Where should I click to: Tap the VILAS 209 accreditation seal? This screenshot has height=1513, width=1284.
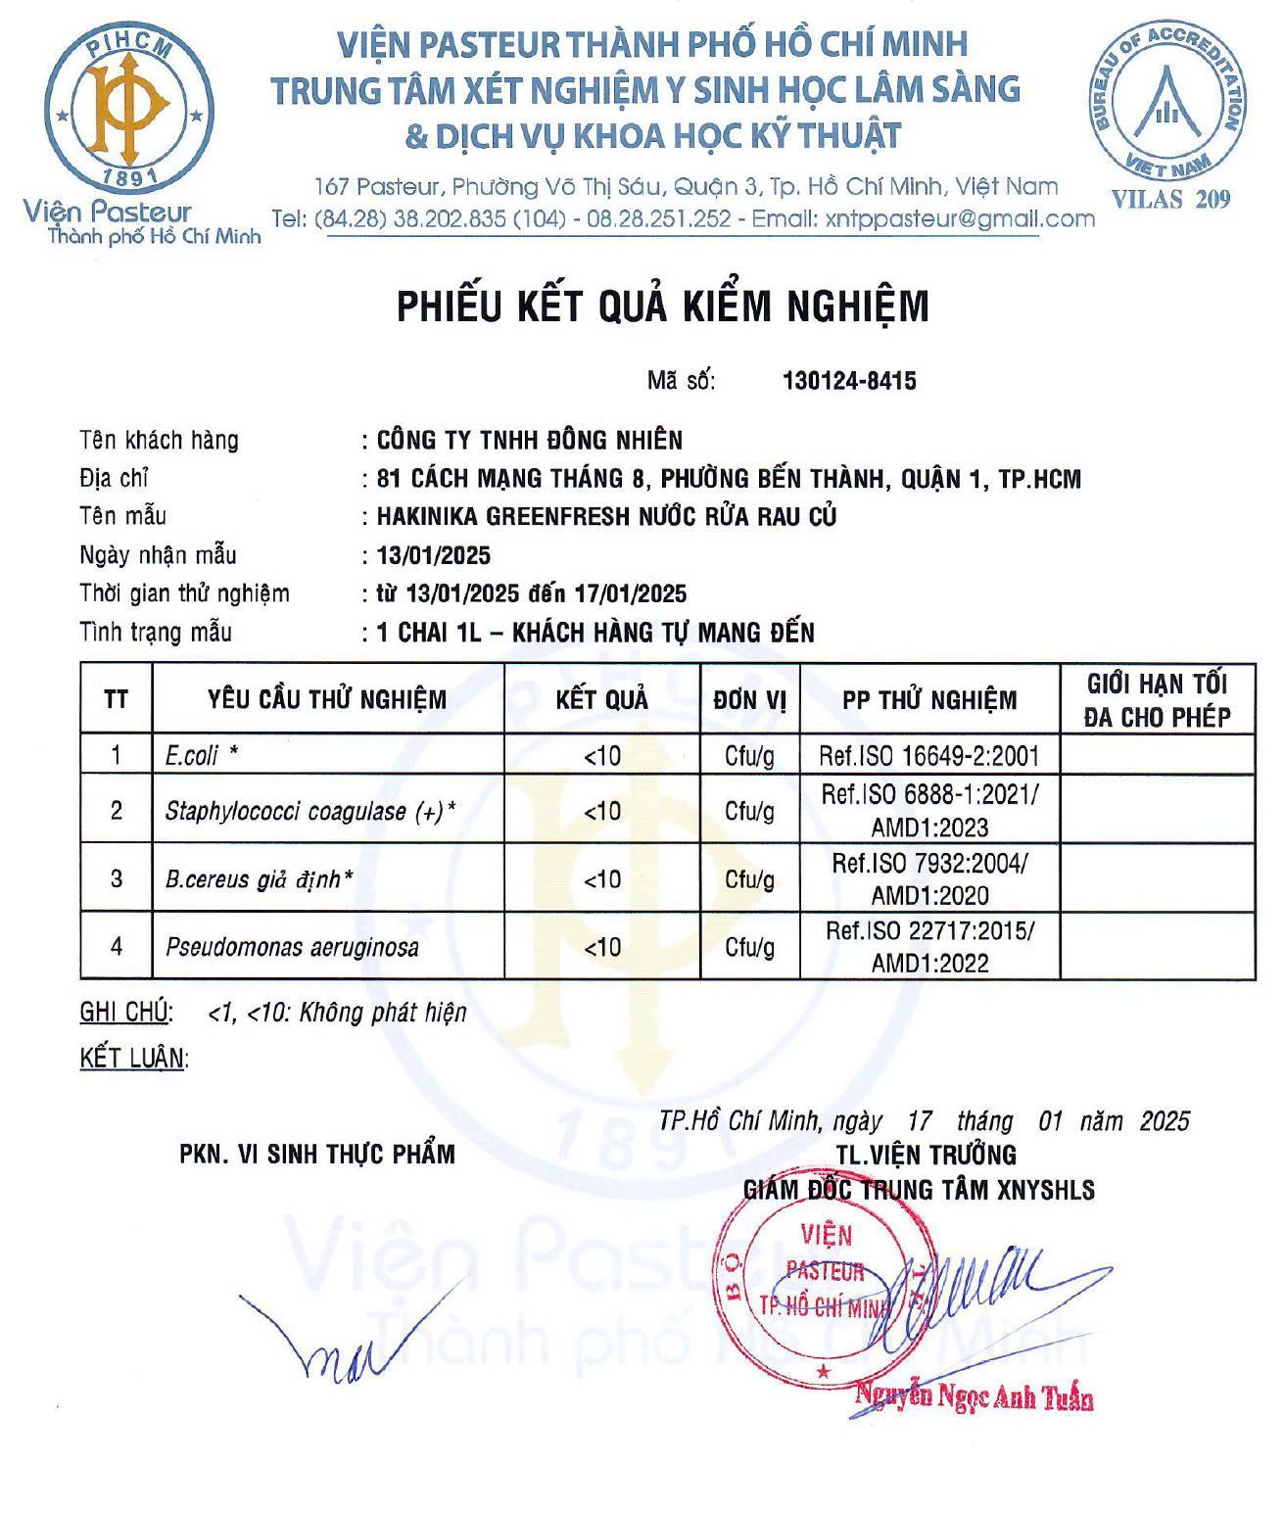coord(1167,102)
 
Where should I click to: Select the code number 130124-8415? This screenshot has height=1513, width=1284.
coord(849,381)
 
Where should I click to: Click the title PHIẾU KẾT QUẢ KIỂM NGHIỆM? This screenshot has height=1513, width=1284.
coord(662,307)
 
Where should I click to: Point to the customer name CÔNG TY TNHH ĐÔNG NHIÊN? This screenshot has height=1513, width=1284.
coord(530,440)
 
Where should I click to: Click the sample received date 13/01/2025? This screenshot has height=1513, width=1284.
coord(434,555)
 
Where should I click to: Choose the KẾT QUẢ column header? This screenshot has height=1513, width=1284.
coord(601,699)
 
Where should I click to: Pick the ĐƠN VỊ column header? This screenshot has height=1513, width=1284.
coord(749,699)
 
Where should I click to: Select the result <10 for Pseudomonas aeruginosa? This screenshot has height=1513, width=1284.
coord(602,947)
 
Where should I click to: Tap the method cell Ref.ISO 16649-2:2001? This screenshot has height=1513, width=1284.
coord(928,755)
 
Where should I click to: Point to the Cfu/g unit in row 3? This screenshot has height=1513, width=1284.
coord(749,879)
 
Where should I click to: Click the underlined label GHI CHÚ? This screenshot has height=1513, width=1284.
coord(125,1012)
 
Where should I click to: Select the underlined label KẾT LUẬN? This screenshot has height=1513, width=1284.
coord(132,1058)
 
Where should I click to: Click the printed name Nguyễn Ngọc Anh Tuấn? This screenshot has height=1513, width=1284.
coord(974,1396)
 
